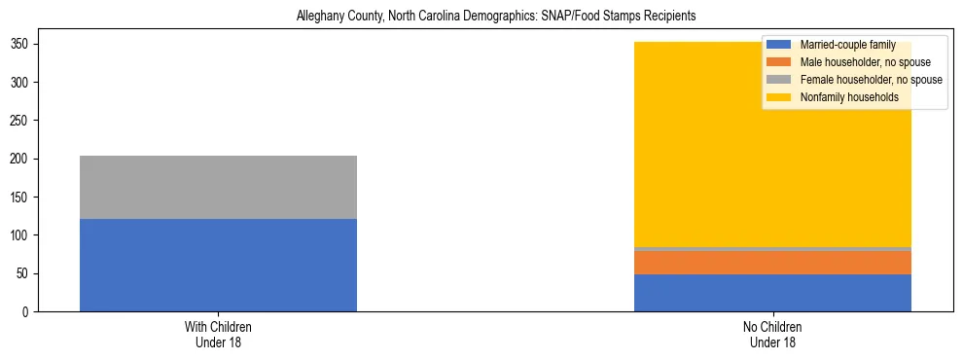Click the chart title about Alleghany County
coord(481,17)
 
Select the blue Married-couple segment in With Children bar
coord(218,265)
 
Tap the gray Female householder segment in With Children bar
coord(218,187)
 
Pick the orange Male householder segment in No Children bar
coord(772,263)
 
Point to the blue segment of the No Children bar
coord(772,293)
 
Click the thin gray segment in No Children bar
coord(772,249)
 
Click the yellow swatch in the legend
coord(779,97)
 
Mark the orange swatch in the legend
coord(779,62)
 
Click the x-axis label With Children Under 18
coord(218,335)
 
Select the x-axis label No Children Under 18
coord(772,335)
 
